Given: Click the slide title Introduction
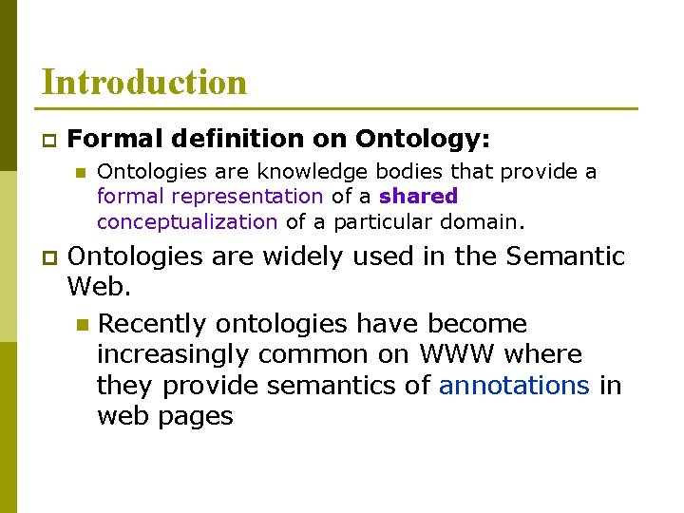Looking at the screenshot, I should coord(143,82).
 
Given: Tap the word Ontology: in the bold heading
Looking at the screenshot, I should coord(423,140).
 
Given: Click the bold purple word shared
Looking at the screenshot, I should coord(418,197).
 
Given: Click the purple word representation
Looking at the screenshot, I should coord(260,197).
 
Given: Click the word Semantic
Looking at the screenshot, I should coord(566,256).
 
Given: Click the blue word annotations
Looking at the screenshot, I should coord(514,386).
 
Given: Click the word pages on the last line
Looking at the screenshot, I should coord(198,417).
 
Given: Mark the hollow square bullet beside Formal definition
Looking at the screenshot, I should coord(47,141).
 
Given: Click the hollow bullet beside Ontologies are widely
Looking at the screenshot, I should coord(47,257).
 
